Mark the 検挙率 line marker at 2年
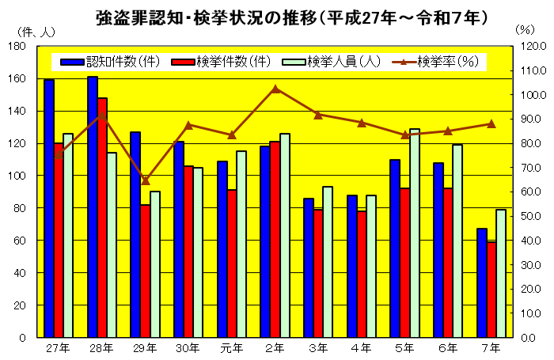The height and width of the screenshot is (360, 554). coord(275,89)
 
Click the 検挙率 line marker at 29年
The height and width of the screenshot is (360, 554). coord(146,180)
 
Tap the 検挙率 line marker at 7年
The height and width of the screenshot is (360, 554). coord(491,123)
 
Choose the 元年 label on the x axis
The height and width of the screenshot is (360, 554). coord(232,347)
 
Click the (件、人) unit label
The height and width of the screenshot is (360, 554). coord(35,31)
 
